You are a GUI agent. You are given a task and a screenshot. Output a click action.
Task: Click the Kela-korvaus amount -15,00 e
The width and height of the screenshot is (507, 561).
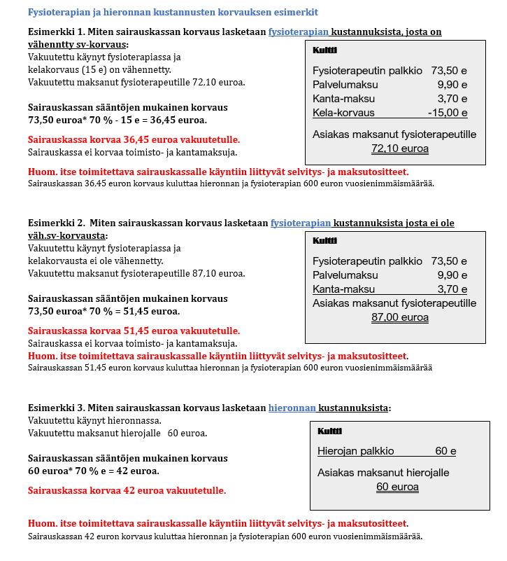click(x=448, y=113)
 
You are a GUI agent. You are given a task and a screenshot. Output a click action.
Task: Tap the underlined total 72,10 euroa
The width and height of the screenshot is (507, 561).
click(x=400, y=148)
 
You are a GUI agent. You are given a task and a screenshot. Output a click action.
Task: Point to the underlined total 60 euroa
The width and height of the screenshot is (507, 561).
click(x=397, y=487)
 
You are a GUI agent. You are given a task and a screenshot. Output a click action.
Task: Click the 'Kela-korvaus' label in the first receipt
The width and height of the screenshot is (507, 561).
click(x=343, y=113)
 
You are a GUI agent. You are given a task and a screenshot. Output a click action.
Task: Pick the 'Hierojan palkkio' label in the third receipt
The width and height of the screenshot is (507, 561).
click(x=355, y=451)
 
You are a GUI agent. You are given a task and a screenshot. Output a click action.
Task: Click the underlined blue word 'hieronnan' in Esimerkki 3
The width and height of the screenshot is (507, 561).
click(x=292, y=408)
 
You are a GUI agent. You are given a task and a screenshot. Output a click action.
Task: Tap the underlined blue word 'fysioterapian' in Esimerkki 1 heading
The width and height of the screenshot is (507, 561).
click(x=299, y=32)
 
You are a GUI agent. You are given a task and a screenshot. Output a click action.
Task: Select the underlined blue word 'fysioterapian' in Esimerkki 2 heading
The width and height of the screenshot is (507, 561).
click(x=301, y=223)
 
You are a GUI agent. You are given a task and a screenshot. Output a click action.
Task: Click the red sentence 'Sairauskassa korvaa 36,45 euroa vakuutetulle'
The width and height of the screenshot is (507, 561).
click(x=134, y=139)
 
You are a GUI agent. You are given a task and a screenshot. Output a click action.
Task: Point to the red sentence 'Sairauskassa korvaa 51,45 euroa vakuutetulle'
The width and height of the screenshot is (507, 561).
click(x=134, y=331)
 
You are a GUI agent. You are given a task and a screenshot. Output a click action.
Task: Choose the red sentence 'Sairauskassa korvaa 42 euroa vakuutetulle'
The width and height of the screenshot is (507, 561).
click(x=127, y=490)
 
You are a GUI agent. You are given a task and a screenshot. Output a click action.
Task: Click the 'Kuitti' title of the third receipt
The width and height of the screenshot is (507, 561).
click(x=329, y=431)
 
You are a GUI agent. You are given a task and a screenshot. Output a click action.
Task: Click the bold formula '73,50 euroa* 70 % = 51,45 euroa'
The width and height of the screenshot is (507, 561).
click(x=103, y=311)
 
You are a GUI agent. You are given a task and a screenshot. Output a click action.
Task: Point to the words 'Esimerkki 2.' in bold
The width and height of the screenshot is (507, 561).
click(x=56, y=223)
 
